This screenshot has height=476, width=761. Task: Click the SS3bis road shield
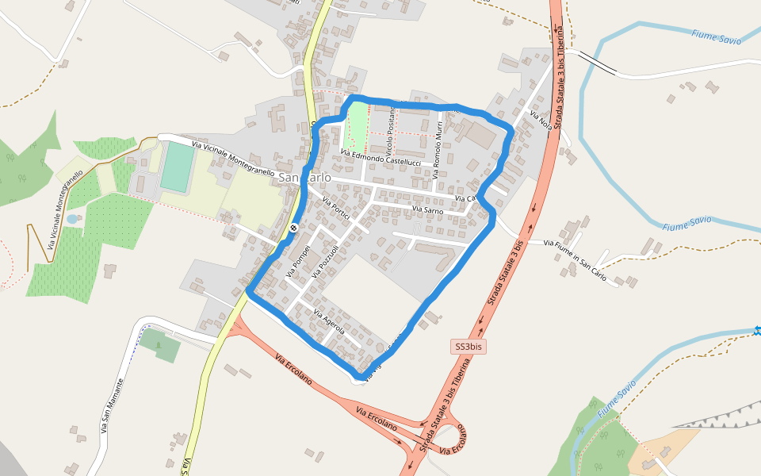click(x=468, y=347)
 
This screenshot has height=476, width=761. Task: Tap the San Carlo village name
click(x=304, y=178)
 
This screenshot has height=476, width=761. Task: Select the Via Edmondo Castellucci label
click(x=380, y=157)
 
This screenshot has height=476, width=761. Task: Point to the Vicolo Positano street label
click(x=389, y=132)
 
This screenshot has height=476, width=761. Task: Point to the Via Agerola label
click(x=330, y=321)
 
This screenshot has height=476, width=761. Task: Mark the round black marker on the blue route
click(x=293, y=228)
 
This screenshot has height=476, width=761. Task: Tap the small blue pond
click(x=72, y=218)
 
